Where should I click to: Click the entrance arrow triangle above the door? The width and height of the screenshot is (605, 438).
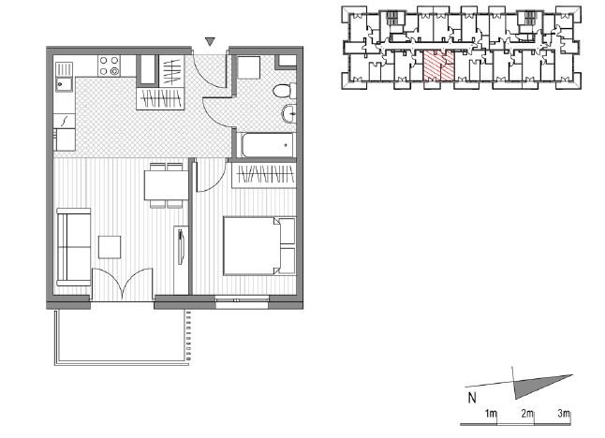[x=210, y=41]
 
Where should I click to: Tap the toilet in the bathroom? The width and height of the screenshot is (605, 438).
[x=285, y=92]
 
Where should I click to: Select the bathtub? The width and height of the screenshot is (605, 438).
[x=268, y=145]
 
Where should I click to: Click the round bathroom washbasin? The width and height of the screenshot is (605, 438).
[x=289, y=113]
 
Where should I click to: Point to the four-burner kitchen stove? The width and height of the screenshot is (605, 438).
[x=110, y=66]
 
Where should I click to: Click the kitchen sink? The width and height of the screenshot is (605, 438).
[x=64, y=77]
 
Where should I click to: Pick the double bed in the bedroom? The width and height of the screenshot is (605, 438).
[x=259, y=246]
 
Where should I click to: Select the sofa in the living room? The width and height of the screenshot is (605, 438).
[x=74, y=247]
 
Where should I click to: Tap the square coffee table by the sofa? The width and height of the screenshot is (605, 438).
[x=110, y=247]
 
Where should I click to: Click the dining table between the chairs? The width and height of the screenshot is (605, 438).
[x=166, y=185]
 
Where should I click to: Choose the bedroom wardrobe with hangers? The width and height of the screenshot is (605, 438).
[x=264, y=175]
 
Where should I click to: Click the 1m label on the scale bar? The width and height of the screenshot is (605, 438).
[x=491, y=414]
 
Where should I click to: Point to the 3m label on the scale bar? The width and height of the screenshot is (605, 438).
[x=564, y=414]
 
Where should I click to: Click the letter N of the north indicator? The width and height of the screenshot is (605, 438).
[x=472, y=398]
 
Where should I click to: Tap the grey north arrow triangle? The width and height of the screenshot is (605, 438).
[x=540, y=386]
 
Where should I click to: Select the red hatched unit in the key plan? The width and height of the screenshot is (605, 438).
[x=438, y=66]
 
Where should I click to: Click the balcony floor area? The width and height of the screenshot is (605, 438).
[x=122, y=334]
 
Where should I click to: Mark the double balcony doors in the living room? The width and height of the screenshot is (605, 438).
[x=123, y=285]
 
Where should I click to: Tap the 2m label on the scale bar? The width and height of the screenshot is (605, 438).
[x=527, y=414]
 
